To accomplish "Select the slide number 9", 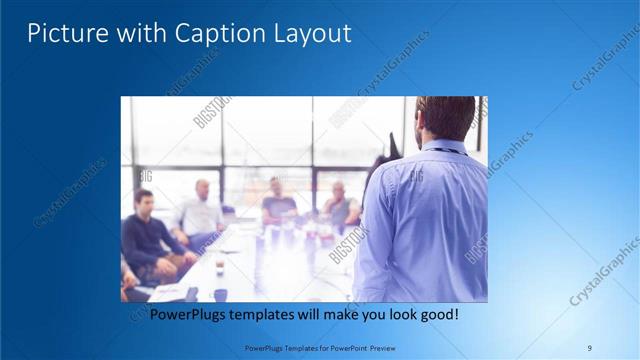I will [589, 347].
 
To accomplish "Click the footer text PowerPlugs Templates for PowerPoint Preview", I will [319, 347].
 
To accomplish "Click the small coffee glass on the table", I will [219, 266].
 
